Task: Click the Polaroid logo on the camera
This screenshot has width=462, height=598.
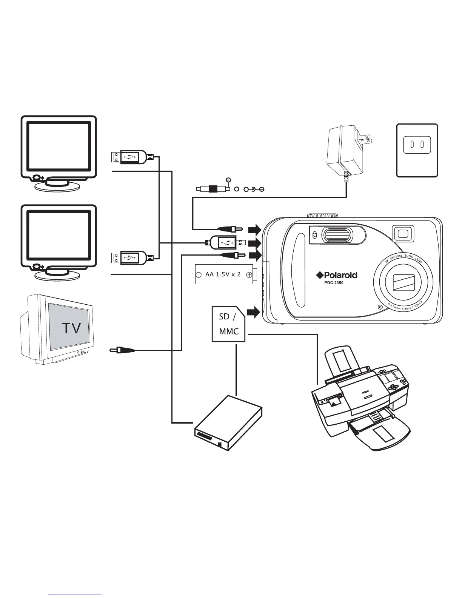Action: [x=337, y=275]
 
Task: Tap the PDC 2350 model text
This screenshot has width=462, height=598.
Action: [x=334, y=283]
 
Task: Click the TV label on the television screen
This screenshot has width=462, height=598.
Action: [x=71, y=328]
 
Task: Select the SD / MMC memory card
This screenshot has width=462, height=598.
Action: [x=229, y=324]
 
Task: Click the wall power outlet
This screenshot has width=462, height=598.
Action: [x=417, y=150]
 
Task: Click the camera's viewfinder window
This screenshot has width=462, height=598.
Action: [x=403, y=234]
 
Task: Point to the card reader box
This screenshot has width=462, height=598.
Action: [x=228, y=423]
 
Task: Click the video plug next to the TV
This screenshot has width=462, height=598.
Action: [x=122, y=350]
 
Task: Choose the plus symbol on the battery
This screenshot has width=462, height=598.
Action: [x=249, y=275]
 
